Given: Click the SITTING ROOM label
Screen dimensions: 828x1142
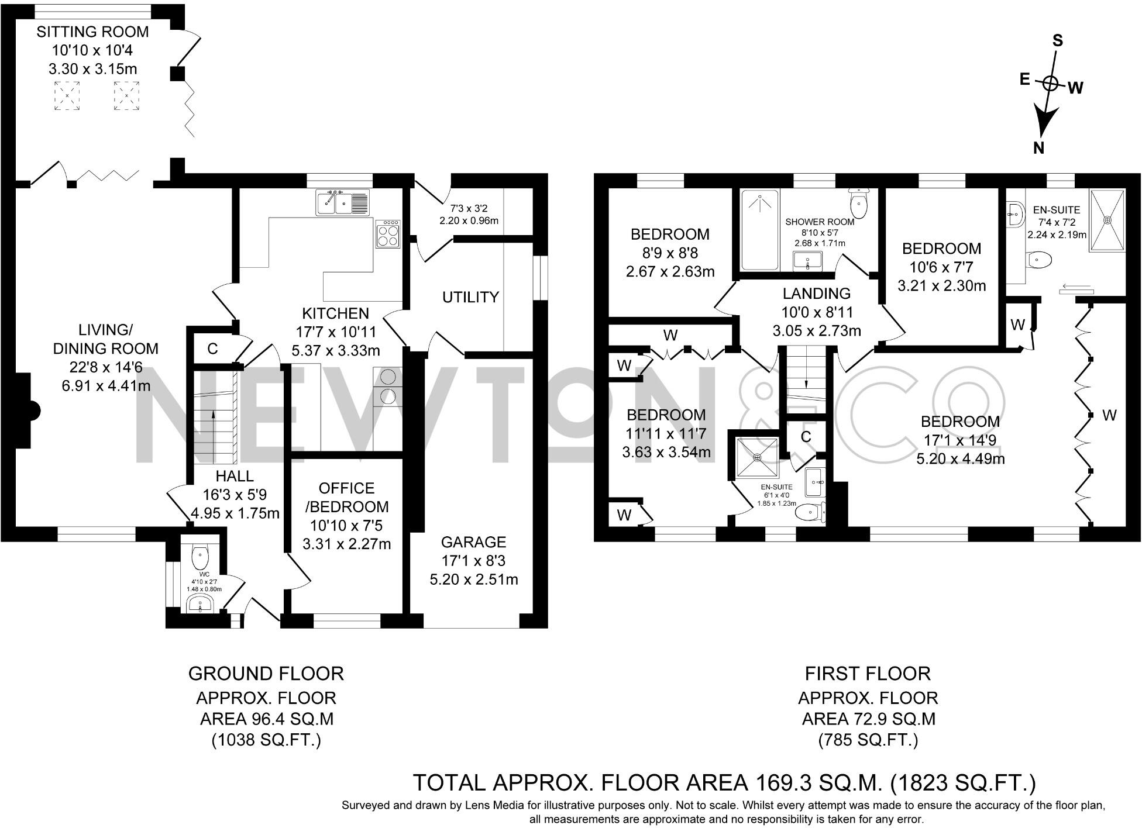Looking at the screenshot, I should (92, 32).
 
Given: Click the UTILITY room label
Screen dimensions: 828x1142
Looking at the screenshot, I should (470, 297).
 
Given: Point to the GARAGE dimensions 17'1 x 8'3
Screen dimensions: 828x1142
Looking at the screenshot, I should (473, 561).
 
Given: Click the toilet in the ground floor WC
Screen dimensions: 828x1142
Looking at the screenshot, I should (200, 552).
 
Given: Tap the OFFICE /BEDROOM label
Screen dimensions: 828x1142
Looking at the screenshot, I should (346, 498).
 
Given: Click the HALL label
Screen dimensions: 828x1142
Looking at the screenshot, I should (234, 476).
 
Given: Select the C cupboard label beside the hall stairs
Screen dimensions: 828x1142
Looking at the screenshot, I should (212, 349).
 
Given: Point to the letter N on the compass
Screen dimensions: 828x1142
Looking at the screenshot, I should (1038, 149).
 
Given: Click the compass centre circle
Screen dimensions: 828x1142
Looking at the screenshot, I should (1050, 84).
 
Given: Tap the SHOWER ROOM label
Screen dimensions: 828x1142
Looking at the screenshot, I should (820, 222).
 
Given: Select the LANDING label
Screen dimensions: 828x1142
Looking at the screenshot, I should (816, 294).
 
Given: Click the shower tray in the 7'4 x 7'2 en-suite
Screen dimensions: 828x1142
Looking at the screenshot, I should (1106, 220).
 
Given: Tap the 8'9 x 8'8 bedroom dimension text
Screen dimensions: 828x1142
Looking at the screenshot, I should (670, 253).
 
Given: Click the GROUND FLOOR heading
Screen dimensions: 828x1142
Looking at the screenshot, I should (266, 674).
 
